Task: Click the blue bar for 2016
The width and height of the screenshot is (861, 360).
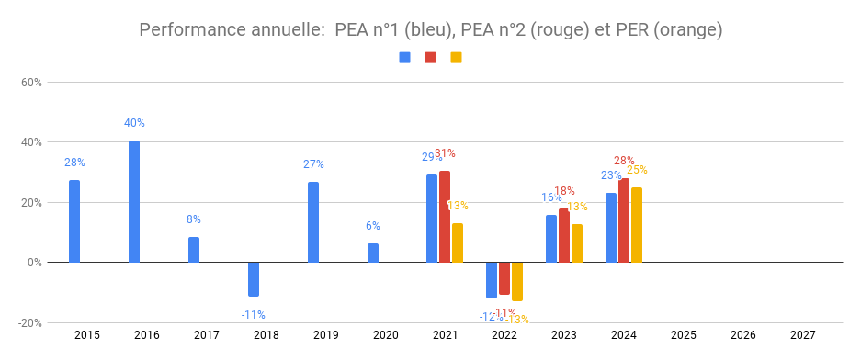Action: (x=134, y=201)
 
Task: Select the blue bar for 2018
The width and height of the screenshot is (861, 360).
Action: (x=254, y=279)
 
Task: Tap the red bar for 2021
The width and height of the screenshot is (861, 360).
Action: (x=445, y=217)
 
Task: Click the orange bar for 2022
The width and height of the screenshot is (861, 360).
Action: (x=517, y=281)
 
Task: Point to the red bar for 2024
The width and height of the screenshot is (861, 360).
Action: (x=624, y=220)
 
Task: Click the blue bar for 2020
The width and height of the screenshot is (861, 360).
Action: (x=373, y=253)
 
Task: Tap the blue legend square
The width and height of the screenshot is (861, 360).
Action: (x=405, y=58)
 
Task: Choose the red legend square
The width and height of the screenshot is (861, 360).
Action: (x=430, y=58)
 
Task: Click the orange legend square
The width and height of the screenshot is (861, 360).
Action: (x=456, y=58)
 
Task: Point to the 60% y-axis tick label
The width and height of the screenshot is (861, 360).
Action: (x=31, y=83)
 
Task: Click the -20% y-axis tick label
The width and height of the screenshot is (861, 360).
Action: (x=29, y=323)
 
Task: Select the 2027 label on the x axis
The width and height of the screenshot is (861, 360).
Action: (x=802, y=336)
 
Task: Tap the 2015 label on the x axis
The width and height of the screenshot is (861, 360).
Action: (x=87, y=336)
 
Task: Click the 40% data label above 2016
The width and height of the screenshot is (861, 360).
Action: (x=135, y=123)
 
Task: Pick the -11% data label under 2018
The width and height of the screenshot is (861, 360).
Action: (x=254, y=315)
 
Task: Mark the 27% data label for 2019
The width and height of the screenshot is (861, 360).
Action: (x=313, y=164)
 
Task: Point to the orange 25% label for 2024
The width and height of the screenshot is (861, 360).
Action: (x=637, y=170)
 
